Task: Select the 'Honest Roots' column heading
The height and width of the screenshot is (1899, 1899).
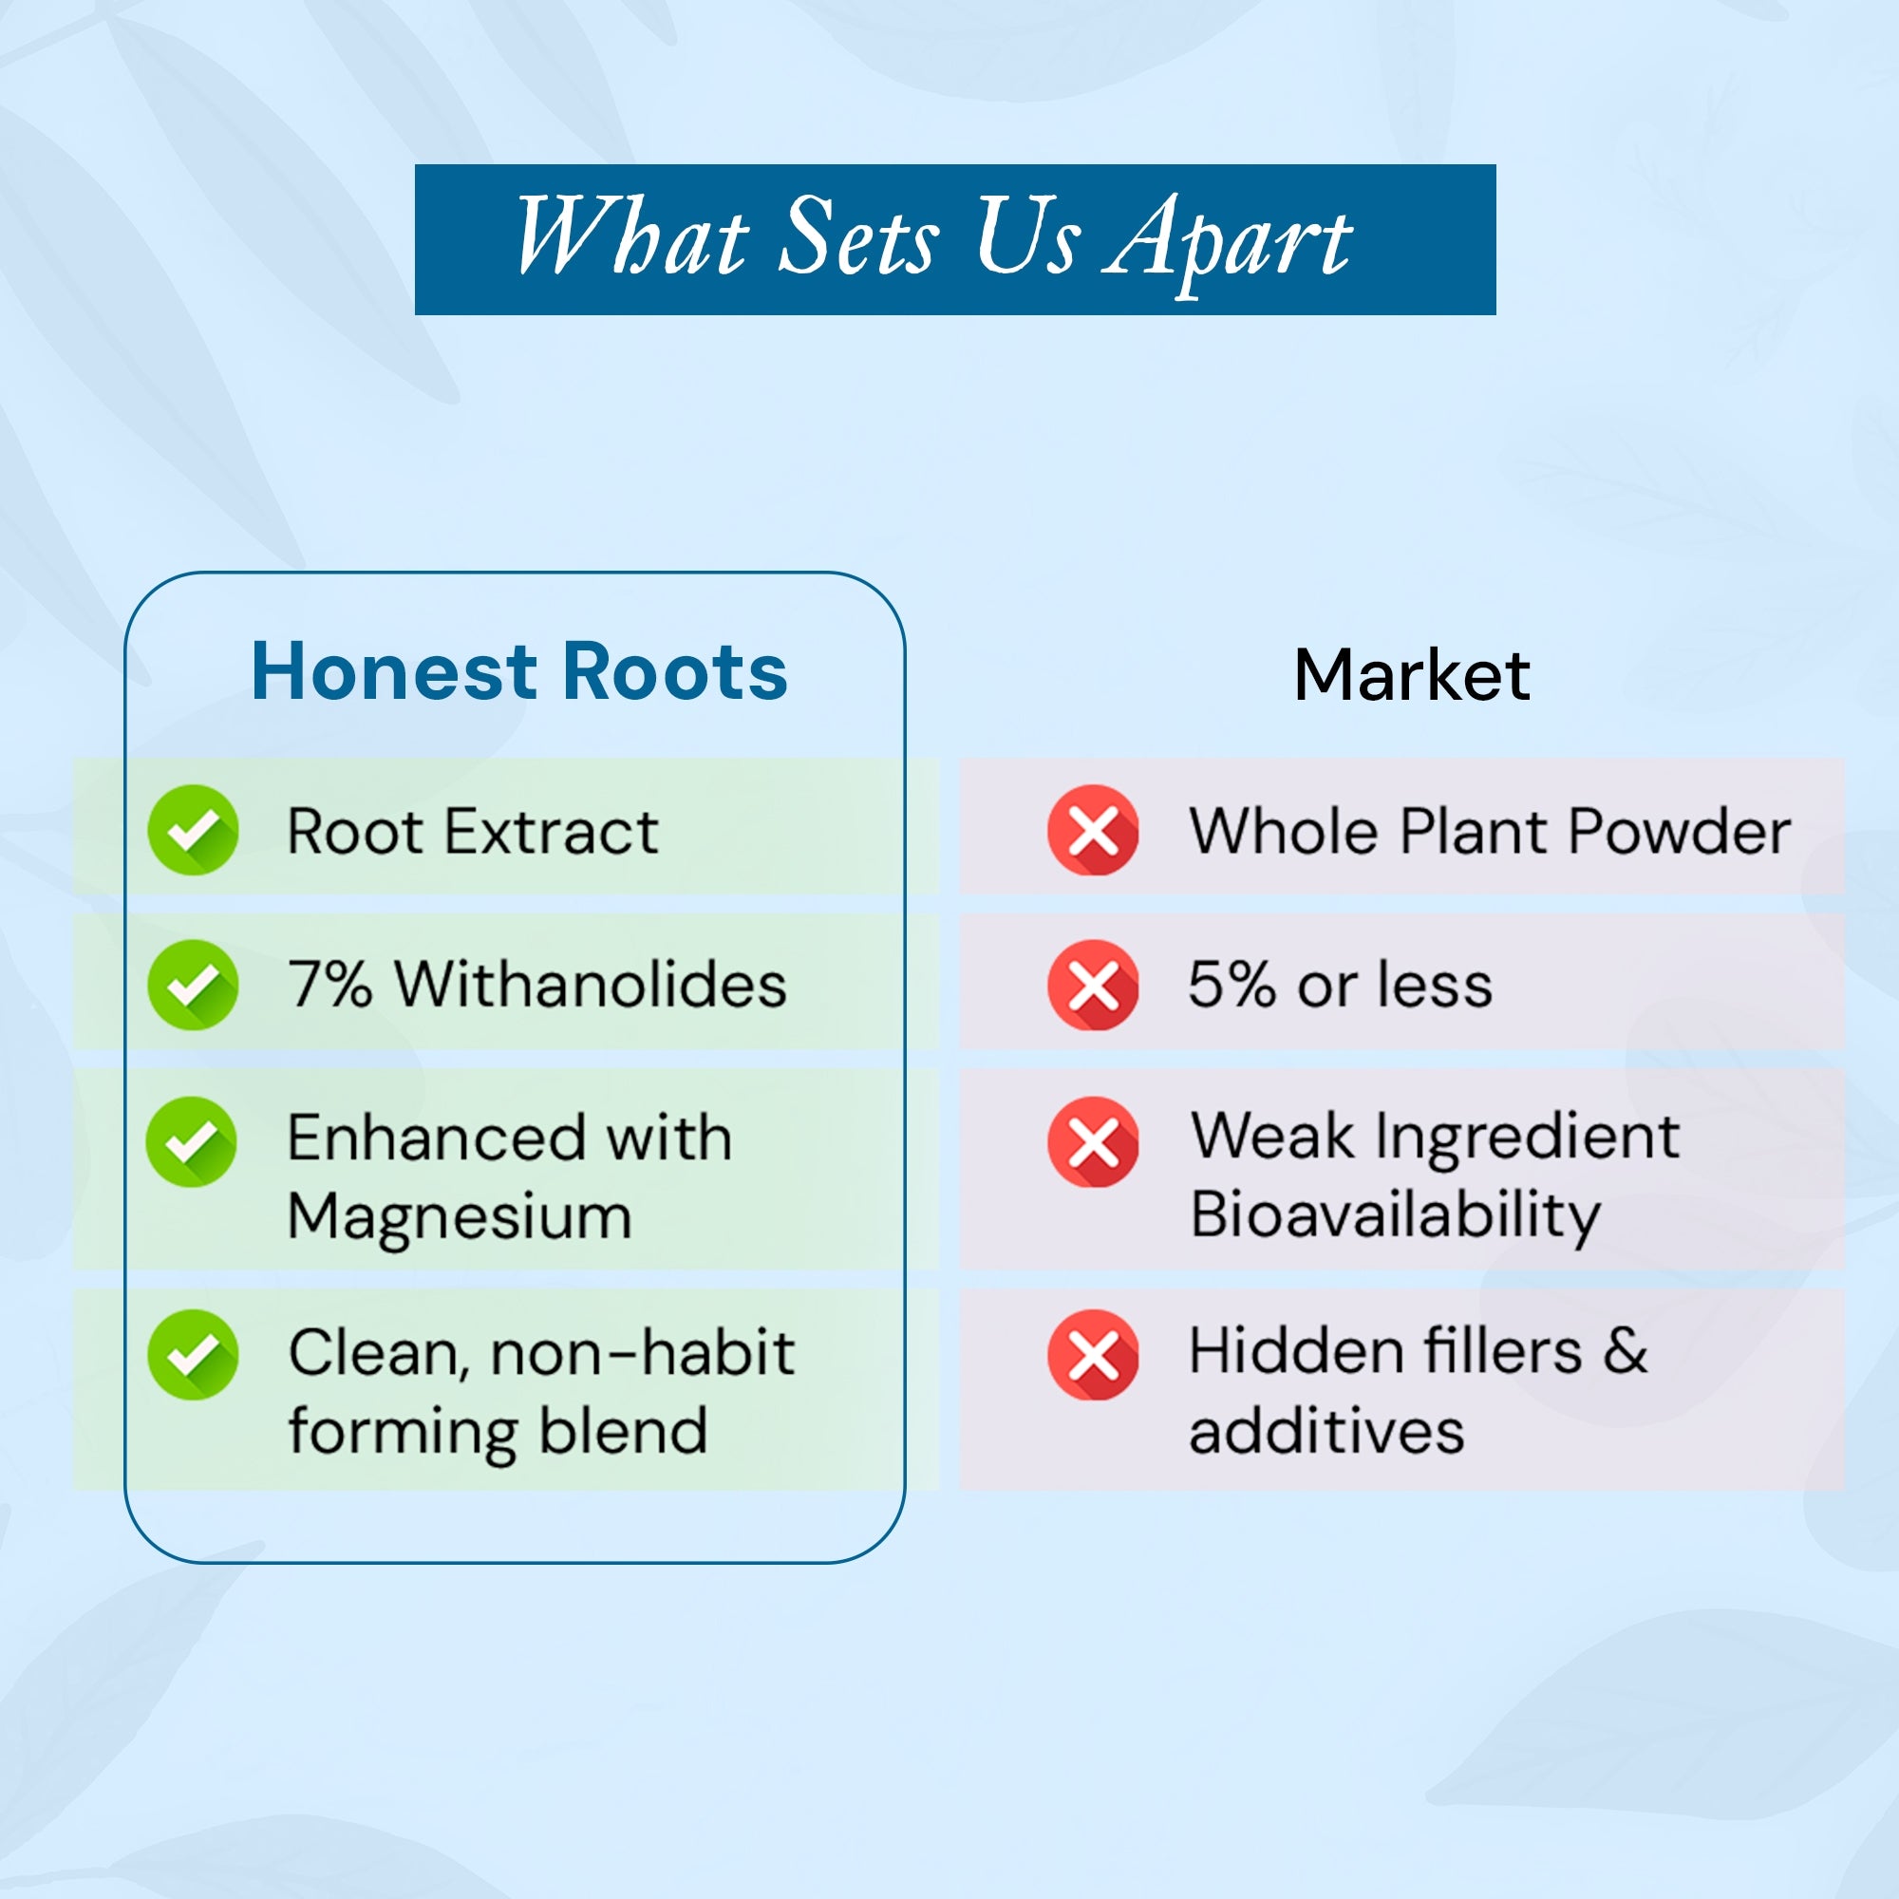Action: (519, 671)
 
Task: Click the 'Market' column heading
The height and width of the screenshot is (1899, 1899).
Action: (1412, 675)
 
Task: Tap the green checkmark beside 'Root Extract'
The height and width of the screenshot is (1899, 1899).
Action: (193, 831)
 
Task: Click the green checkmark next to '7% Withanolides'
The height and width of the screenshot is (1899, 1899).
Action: (193, 985)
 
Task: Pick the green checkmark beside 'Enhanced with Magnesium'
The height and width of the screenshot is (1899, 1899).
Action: (192, 1142)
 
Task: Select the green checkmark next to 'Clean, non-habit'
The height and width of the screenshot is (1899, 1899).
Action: (193, 1355)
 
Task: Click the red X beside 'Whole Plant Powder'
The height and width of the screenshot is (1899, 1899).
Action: (1093, 831)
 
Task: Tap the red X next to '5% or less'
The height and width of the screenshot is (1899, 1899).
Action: (1093, 985)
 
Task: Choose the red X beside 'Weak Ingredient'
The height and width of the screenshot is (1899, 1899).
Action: (1093, 1142)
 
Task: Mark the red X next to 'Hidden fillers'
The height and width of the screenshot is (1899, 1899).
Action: (1093, 1355)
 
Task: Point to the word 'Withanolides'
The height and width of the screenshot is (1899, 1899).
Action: (591, 984)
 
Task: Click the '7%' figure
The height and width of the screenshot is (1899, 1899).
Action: (330, 984)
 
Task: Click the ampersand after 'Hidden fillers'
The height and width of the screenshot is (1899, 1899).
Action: (1626, 1350)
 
